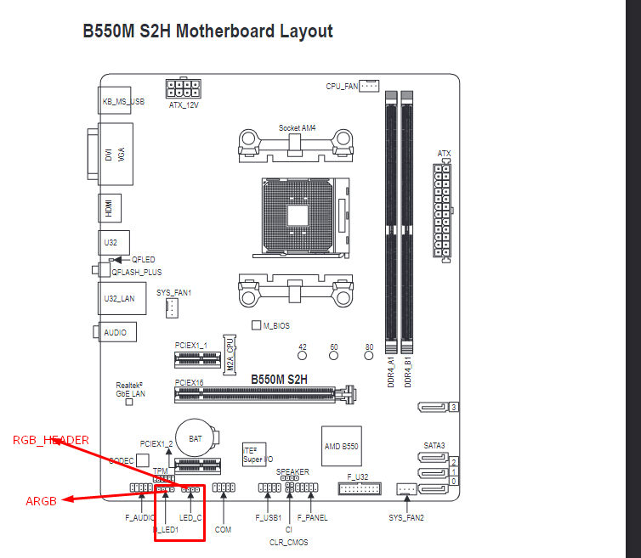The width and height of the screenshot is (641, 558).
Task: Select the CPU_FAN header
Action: (369, 86)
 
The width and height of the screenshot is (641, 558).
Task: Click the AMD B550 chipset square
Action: (342, 446)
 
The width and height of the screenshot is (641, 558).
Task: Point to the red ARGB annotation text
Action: (41, 501)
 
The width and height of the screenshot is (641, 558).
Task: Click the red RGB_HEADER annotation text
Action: (51, 440)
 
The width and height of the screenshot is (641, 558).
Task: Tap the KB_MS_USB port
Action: (122, 101)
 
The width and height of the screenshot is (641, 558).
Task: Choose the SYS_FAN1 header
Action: (172, 307)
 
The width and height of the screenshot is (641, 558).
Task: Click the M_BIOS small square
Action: (256, 325)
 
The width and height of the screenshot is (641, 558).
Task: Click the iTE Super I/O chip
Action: (257, 454)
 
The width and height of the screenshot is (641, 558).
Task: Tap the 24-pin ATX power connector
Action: (443, 210)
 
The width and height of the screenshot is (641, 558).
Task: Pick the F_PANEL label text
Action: (313, 517)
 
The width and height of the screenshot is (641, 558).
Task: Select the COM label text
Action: (223, 529)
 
